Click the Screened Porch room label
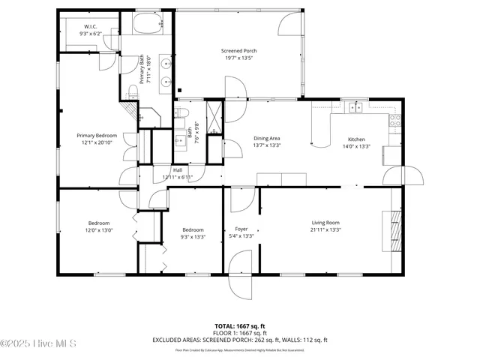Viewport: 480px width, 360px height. [239, 51]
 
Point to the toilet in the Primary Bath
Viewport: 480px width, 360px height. [133, 91]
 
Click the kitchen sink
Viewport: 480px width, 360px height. [355, 107]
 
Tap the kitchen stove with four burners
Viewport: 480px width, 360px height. [395, 120]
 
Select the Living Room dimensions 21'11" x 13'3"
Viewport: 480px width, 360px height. [326, 230]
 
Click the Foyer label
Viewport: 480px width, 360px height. [241, 229]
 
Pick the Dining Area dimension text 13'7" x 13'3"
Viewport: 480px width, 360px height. [266, 145]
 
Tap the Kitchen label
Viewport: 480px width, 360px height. [356, 139]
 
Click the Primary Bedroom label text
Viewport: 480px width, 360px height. [97, 136]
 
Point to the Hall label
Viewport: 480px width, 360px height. [178, 170]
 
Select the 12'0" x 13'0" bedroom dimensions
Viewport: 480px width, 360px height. [99, 230]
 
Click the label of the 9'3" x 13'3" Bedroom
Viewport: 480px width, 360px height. [193, 229]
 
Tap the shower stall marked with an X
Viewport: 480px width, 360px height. [214, 115]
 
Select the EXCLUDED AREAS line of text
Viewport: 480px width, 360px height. [240, 339]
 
